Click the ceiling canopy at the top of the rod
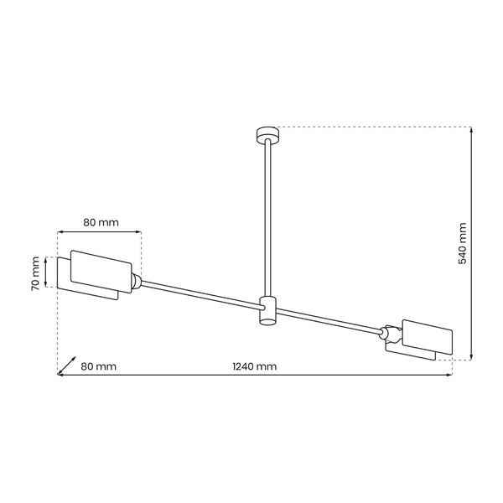click(x=267, y=132)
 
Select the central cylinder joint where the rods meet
click(x=267, y=309)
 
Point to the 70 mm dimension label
click(x=35, y=272)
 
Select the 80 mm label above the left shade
click(x=101, y=222)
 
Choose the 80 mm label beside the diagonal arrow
click(x=98, y=366)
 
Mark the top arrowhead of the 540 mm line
click(x=471, y=130)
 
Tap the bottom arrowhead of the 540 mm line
click(x=471, y=355)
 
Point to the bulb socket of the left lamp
click(x=136, y=283)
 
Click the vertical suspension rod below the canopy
click(x=267, y=218)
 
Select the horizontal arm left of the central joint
click(x=201, y=295)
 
